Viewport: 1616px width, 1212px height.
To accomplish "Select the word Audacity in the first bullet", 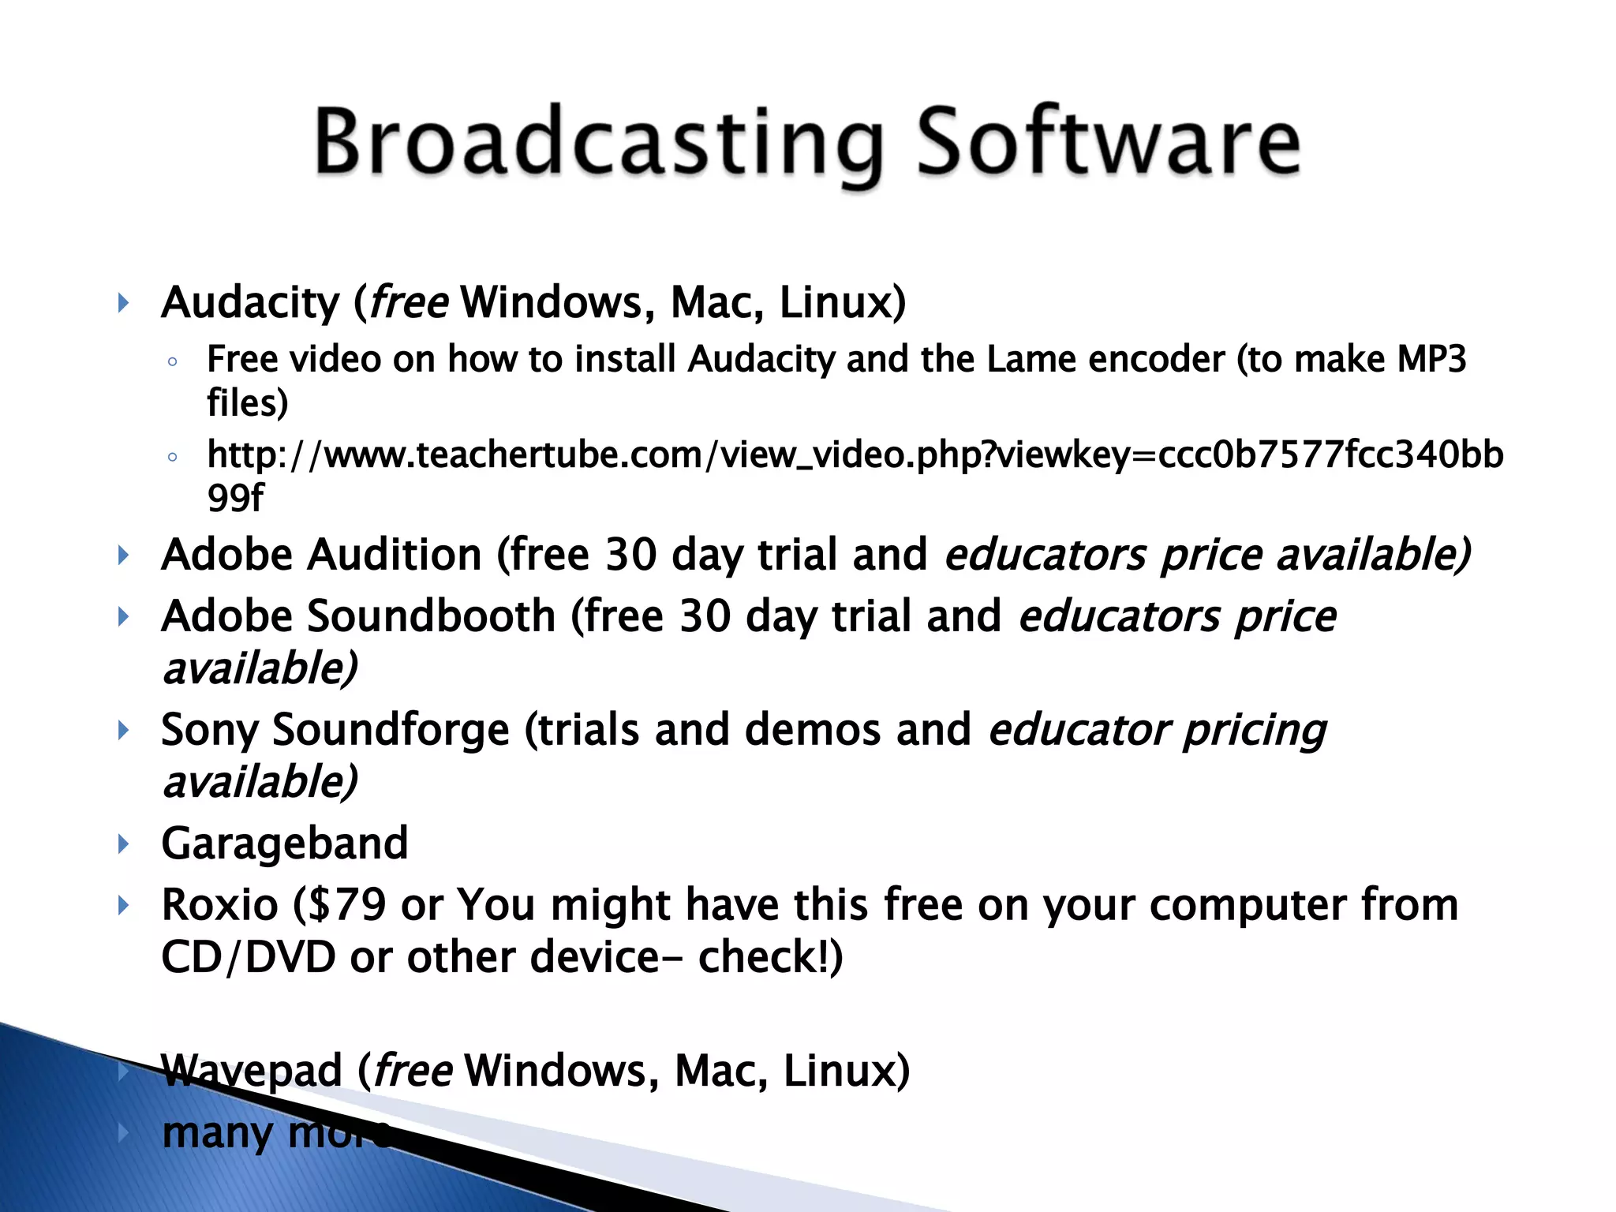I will click(x=250, y=304).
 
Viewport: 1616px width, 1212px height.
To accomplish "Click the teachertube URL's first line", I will click(x=855, y=455).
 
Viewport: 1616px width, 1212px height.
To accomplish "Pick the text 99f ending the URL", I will click(x=235, y=498).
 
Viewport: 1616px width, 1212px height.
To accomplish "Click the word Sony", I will click(x=209, y=731).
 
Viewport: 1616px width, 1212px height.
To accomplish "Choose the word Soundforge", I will click(x=391, y=731).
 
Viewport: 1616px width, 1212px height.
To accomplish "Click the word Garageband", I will click(x=285, y=844).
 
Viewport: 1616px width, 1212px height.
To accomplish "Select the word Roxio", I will click(x=219, y=905).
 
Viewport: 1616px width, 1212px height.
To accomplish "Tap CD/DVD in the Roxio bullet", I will click(x=248, y=957).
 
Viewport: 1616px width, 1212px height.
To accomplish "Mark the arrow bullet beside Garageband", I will click(x=123, y=844).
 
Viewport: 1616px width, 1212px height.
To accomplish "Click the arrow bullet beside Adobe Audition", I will click(x=123, y=555).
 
